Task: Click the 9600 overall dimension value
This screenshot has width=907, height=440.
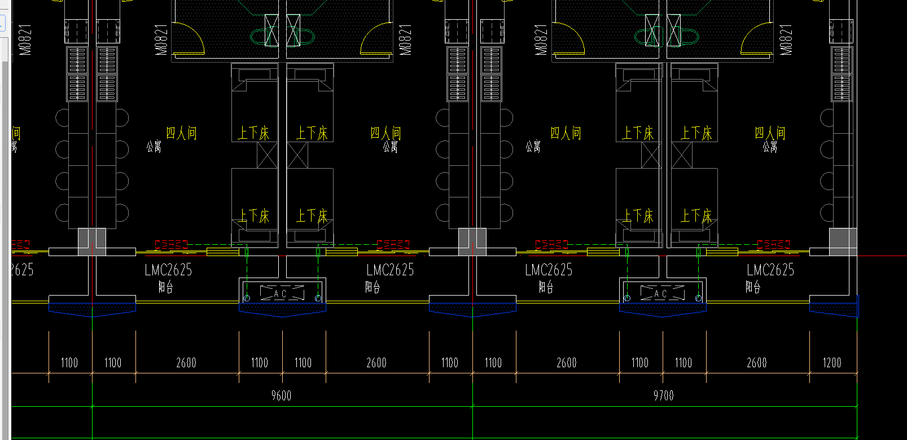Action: (281, 395)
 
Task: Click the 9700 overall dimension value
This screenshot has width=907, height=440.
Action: (663, 395)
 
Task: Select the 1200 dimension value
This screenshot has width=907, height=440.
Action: (832, 363)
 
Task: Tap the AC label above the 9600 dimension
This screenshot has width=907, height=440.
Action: (281, 294)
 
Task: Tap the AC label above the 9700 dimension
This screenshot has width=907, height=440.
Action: (661, 294)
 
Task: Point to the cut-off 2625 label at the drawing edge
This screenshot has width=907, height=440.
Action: (23, 270)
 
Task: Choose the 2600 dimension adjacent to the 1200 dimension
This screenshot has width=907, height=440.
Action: (757, 363)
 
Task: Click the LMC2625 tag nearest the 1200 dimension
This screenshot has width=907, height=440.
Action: (770, 270)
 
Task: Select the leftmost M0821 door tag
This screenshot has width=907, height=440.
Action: (25, 39)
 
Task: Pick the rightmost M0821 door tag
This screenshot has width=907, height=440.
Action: (786, 39)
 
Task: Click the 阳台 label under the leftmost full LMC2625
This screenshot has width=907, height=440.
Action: (165, 287)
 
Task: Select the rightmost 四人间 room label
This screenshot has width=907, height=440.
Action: (770, 133)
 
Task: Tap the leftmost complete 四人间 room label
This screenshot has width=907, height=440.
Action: (181, 133)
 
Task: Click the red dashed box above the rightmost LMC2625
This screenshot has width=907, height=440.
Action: (773, 245)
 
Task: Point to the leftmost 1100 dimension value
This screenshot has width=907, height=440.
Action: (69, 363)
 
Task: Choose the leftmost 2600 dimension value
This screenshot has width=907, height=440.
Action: (186, 363)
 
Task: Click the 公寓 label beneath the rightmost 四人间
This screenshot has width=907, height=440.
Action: (770, 147)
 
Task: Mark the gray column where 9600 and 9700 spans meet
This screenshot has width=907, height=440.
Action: (472, 241)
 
